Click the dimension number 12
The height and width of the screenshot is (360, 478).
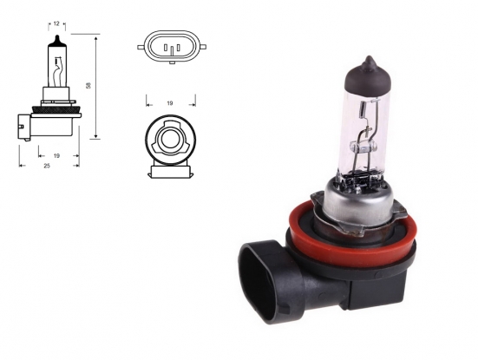[56, 24]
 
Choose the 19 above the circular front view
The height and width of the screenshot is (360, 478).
[169, 102]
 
